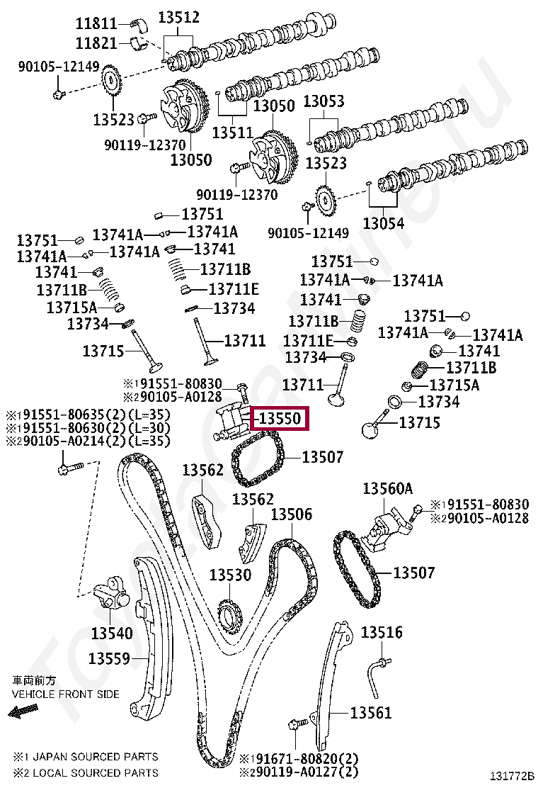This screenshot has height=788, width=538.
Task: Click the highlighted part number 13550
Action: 281,419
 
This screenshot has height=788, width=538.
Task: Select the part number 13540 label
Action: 111,632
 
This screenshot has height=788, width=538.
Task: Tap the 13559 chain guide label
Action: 110,658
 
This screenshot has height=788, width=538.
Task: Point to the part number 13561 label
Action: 370,712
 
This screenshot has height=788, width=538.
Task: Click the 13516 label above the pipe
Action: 382,632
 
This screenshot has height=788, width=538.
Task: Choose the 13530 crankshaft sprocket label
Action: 229,575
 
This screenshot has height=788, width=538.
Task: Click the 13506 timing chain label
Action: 291,514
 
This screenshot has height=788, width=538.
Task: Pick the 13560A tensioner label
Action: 387,488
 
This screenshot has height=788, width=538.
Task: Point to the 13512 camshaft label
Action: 178,17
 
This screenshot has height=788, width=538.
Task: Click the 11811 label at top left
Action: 96,23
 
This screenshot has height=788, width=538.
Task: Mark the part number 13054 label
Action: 383,223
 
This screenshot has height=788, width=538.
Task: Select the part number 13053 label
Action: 324,101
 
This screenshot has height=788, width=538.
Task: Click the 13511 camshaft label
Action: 232,132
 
